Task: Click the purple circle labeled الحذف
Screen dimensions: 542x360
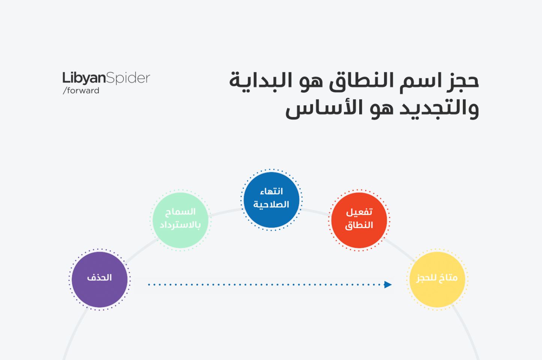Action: pyautogui.click(x=99, y=279)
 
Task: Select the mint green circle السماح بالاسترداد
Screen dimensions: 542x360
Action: pyautogui.click(x=180, y=220)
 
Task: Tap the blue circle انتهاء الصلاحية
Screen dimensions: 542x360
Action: pyautogui.click(x=271, y=200)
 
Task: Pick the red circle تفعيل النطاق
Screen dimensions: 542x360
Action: pyautogui.click(x=359, y=220)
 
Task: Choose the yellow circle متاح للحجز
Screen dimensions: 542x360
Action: pyautogui.click(x=437, y=279)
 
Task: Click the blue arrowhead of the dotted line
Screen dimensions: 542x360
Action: pyautogui.click(x=388, y=285)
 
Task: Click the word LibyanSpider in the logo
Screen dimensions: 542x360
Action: pyautogui.click(x=106, y=78)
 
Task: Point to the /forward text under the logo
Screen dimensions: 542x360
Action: pyautogui.click(x=81, y=91)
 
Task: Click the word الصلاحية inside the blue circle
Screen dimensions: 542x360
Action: pyautogui.click(x=271, y=204)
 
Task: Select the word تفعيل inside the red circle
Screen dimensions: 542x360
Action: pyautogui.click(x=359, y=212)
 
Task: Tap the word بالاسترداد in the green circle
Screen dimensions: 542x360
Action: pyautogui.click(x=180, y=225)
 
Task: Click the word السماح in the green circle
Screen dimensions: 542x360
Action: pyautogui.click(x=180, y=212)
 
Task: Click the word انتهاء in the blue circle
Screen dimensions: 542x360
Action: pyautogui.click(x=271, y=192)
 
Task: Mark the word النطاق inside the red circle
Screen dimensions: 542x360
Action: pyautogui.click(x=359, y=225)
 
